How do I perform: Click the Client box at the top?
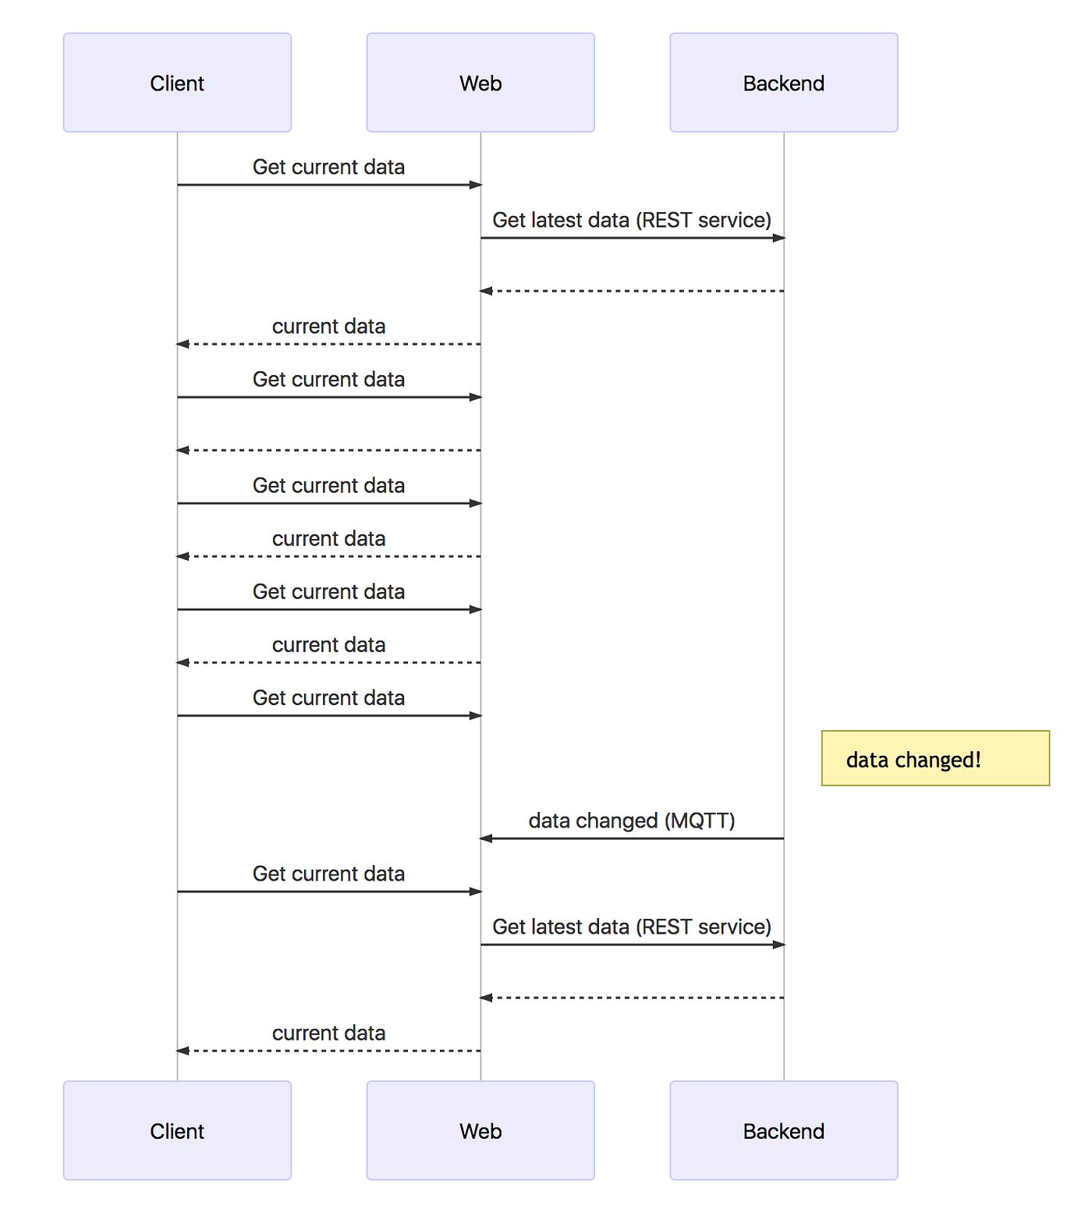[x=177, y=83]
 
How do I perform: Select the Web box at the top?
[x=480, y=83]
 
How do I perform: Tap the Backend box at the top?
[x=783, y=83]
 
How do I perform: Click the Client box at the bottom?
[x=177, y=1130]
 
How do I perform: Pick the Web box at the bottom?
[x=480, y=1130]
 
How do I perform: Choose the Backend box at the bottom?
[x=783, y=1130]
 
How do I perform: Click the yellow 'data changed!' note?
[x=934, y=758]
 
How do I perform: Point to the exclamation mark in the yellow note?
[x=977, y=759]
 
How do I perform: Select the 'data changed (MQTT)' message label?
[x=632, y=821]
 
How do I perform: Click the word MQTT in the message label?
[x=700, y=821]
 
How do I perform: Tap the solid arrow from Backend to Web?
[x=632, y=838]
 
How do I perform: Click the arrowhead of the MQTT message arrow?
[x=486, y=838]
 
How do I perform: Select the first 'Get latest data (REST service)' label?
[x=632, y=220]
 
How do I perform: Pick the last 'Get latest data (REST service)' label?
[x=632, y=927]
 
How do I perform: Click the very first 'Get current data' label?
[x=328, y=167]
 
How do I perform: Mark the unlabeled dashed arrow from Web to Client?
[x=328, y=450]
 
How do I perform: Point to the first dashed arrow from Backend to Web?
[x=632, y=291]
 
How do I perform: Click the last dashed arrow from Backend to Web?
[x=632, y=998]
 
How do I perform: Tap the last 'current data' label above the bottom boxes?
[x=328, y=1033]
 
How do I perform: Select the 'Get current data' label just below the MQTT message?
[x=328, y=874]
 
